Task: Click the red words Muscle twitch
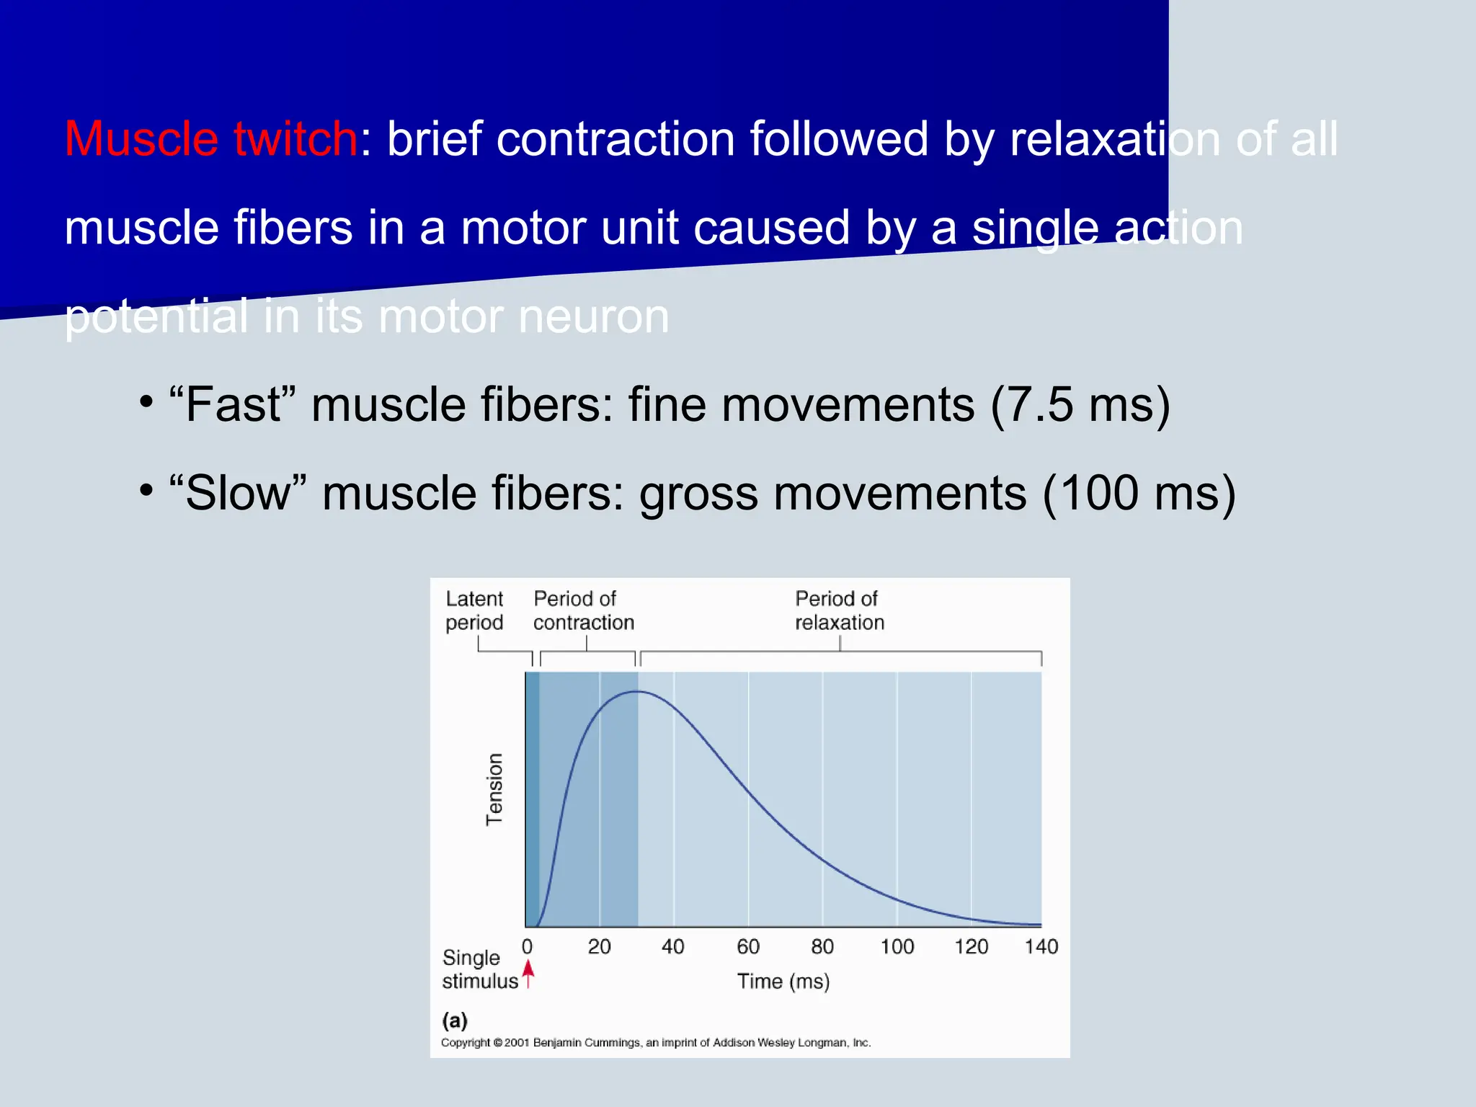[210, 138]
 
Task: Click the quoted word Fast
[232, 404]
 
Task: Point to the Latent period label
[474, 610]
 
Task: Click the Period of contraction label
[583, 610]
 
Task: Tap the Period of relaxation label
[839, 610]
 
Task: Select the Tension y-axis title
[494, 789]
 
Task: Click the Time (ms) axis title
[783, 981]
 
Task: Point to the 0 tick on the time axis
[527, 946]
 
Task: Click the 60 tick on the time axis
[748, 946]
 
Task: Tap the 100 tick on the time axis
[897, 946]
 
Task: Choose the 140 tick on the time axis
[1041, 946]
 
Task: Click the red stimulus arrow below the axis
[528, 974]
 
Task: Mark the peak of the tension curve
[638, 692]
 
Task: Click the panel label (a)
[455, 1020]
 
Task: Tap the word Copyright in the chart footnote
[465, 1043]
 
